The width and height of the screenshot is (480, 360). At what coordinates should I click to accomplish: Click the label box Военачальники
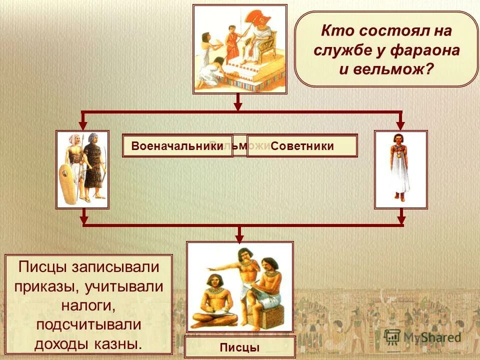[177, 146]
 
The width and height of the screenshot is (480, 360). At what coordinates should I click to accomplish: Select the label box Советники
[302, 146]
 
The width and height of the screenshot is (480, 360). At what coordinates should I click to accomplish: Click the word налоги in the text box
[88, 304]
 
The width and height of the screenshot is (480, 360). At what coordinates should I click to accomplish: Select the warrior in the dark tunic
[94, 165]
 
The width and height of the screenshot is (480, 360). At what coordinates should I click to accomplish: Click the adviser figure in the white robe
[400, 167]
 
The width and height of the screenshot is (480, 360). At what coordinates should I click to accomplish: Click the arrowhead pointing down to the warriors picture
[83, 123]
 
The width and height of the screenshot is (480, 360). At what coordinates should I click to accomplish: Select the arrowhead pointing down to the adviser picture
[400, 123]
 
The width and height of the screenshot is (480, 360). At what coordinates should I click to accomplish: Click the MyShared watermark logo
[422, 336]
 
